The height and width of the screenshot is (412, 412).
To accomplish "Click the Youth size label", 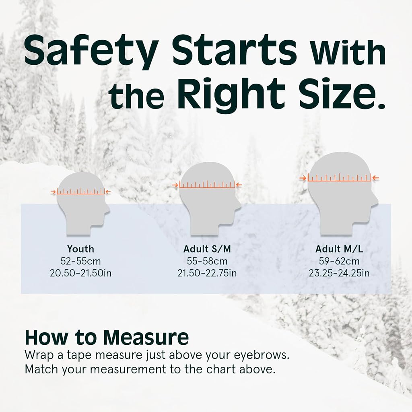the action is pos(80,249).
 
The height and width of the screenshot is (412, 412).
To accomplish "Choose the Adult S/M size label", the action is pos(207,249).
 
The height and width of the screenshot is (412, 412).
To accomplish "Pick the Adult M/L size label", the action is pos(339,249).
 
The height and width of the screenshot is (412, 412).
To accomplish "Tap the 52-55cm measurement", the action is pos(80,261).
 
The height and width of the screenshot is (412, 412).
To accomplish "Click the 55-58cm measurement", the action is pos(207,261).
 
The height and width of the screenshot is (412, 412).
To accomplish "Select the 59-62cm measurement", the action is pos(339,261).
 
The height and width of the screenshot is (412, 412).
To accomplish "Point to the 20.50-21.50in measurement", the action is pos(80,273).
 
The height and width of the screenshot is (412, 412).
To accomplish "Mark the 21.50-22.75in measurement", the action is pos(207,273).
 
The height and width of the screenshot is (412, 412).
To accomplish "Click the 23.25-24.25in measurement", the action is pos(339,273).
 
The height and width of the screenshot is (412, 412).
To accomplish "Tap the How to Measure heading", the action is pos(107,337).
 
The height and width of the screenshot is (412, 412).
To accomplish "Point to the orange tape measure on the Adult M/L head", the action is pos(339,178).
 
